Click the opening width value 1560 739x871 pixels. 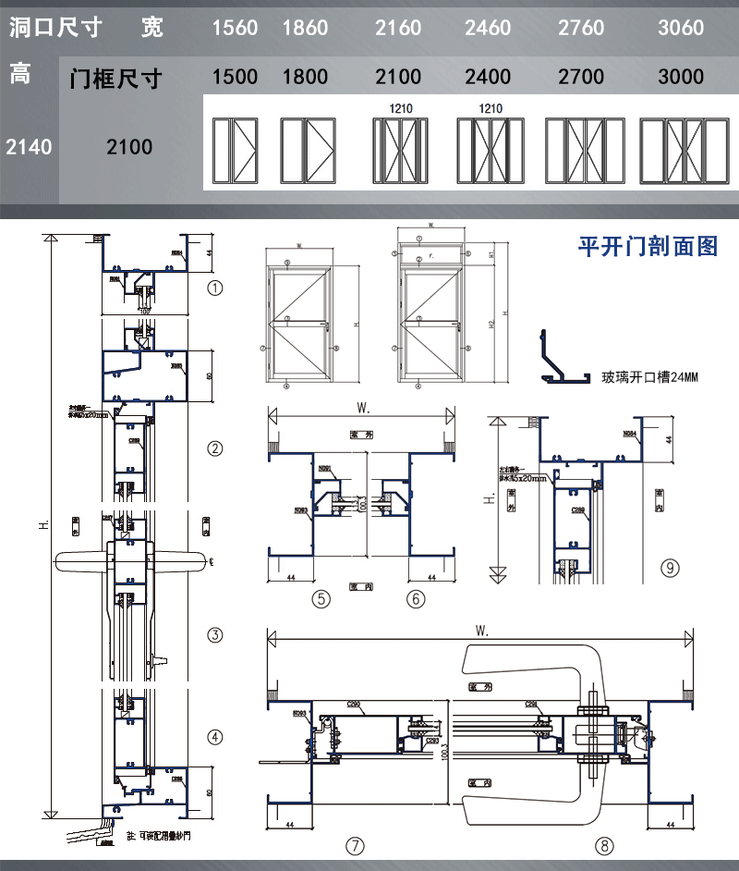[x=235, y=28]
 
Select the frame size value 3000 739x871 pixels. [x=681, y=77]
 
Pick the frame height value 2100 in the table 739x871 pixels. [x=129, y=146]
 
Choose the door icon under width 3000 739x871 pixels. [x=680, y=149]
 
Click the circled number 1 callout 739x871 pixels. [x=215, y=288]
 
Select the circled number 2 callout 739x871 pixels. [x=215, y=449]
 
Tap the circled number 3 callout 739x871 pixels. [x=215, y=635]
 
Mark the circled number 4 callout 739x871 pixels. [x=215, y=737]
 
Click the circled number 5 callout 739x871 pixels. [x=321, y=599]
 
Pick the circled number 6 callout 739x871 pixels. [x=416, y=599]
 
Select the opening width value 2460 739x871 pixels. [x=488, y=28]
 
